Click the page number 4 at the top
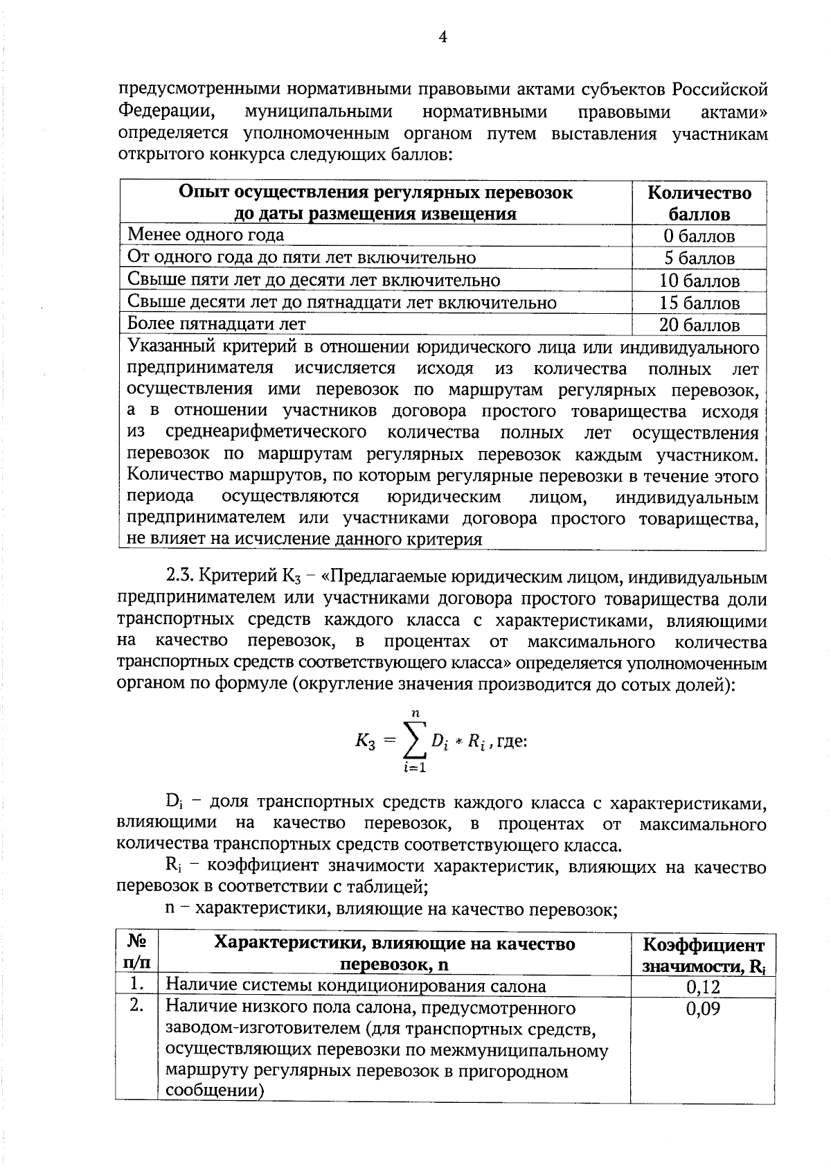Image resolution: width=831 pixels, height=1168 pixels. point(443,37)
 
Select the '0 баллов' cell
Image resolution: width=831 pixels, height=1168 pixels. point(699,236)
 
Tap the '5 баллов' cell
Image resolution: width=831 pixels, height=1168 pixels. point(699,258)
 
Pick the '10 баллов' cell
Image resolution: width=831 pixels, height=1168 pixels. point(699,281)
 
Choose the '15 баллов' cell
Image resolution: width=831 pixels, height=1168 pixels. point(699,303)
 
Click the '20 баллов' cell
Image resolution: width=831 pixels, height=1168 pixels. point(699,325)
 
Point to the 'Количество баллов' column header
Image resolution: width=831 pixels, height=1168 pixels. point(699,203)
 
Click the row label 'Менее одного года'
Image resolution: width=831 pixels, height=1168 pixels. point(206,235)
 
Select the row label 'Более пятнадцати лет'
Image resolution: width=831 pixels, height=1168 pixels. point(216,324)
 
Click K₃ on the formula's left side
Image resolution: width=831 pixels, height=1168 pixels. point(366,741)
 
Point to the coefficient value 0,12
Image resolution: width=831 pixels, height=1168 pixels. point(702,986)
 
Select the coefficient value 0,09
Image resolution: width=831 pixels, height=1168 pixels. point(702,1009)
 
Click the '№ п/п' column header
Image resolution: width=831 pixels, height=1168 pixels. point(137,953)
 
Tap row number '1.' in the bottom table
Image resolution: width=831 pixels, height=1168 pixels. point(137,984)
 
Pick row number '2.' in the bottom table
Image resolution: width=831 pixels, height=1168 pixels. point(137,1007)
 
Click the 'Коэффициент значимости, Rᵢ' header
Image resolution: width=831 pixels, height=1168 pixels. point(702,955)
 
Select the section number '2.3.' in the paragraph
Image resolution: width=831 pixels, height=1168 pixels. point(181,576)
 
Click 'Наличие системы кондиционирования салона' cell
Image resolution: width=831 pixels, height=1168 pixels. point(356,986)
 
